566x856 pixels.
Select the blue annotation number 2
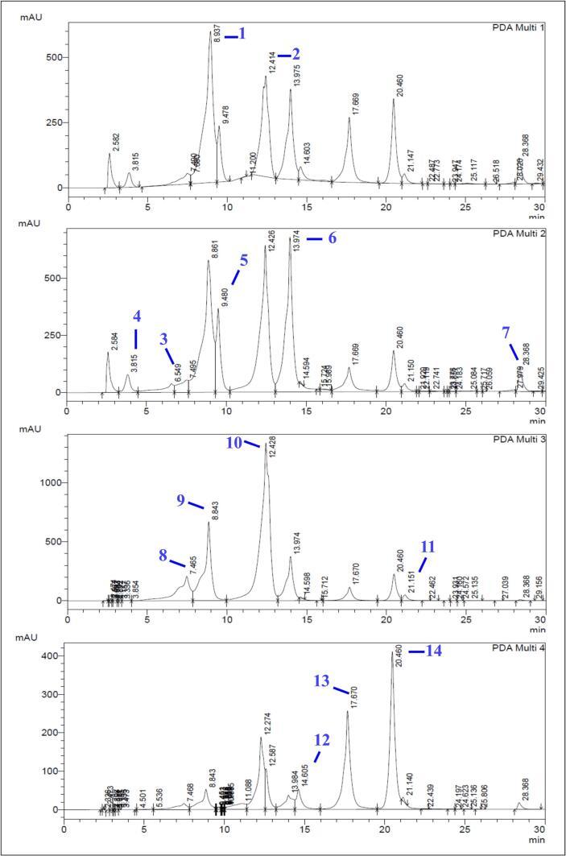(x=295, y=54)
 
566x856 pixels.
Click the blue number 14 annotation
(x=436, y=650)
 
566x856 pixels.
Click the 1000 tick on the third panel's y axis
(x=49, y=482)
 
